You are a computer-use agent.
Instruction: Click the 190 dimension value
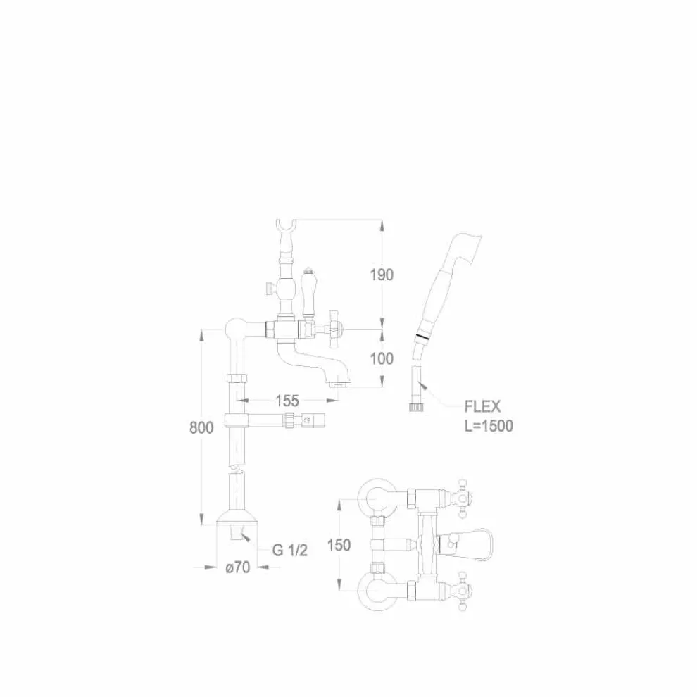[x=382, y=275]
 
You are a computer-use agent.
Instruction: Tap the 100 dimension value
[x=382, y=358]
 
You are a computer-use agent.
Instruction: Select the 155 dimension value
[x=287, y=401]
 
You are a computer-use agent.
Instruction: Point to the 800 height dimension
[x=201, y=427]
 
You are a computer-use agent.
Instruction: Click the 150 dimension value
[x=339, y=545]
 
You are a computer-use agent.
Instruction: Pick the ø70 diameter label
[x=238, y=567]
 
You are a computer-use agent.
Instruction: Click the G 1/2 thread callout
[x=290, y=551]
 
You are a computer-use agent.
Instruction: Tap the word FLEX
[x=482, y=407]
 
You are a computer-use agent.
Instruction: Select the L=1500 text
[x=489, y=426]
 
